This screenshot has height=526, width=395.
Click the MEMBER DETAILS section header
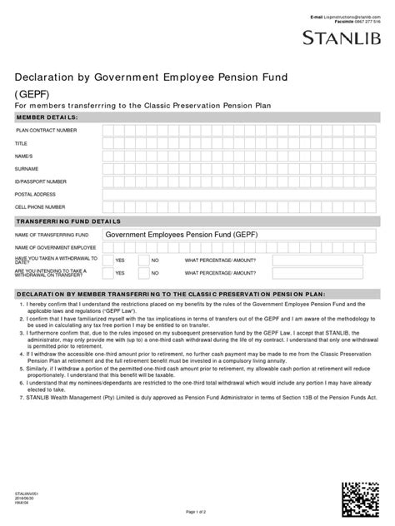[47, 118]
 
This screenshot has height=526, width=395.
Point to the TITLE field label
[22, 143]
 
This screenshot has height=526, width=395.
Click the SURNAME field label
[28, 168]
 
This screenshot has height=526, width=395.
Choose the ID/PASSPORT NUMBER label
[41, 181]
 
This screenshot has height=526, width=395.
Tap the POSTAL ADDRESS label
[36, 193]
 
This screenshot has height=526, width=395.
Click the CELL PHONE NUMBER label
[40, 206]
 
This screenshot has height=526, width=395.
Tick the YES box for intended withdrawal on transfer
[106, 272]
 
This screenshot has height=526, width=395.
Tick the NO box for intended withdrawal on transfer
[142, 272]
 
